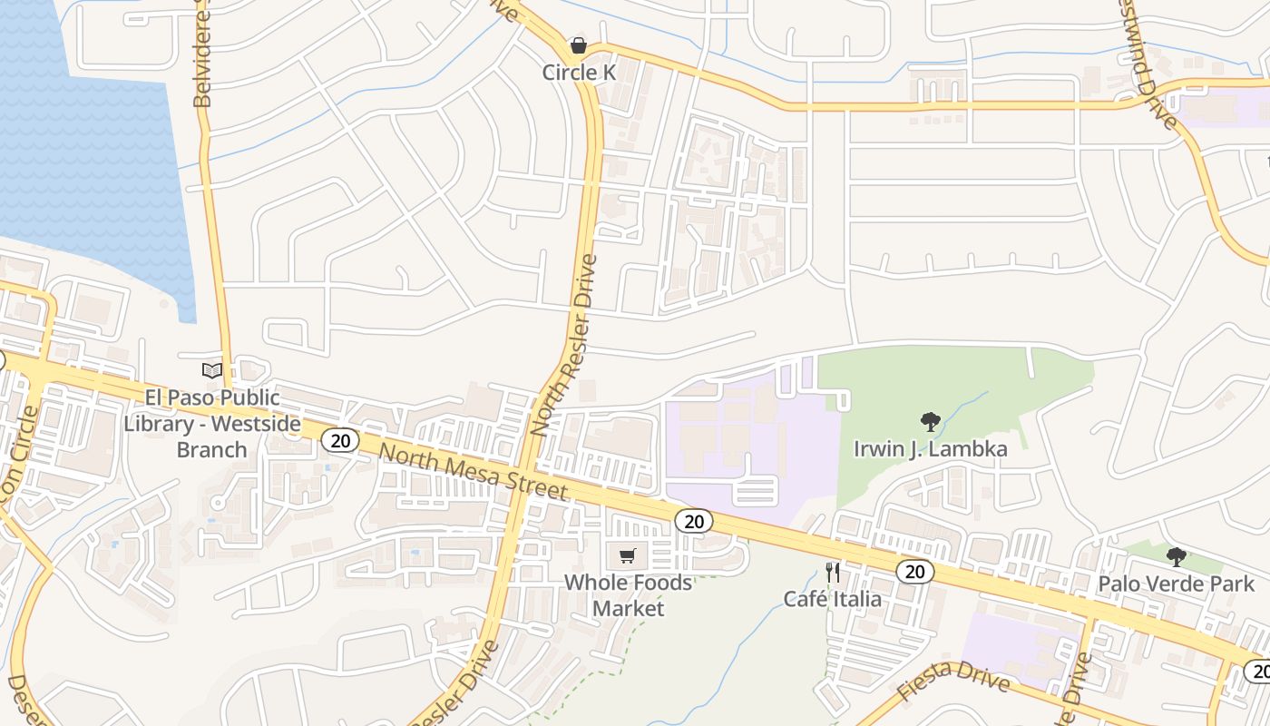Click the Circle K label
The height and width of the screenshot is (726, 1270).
(579, 73)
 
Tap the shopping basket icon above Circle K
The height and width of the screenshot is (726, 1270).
(578, 45)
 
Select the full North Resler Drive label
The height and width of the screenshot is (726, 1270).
(565, 346)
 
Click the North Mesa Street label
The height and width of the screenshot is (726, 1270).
(473, 472)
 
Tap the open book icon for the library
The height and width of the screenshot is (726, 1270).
(211, 370)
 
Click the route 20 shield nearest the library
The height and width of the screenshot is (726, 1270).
(340, 441)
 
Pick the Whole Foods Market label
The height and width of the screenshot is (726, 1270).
(628, 595)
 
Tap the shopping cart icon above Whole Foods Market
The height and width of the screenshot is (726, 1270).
(627, 555)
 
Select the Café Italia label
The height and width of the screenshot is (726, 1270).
(832, 599)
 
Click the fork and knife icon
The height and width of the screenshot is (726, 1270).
(833, 572)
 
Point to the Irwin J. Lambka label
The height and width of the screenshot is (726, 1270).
(930, 449)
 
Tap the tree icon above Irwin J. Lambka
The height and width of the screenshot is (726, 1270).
(930, 421)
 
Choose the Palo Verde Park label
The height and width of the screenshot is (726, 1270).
(1176, 584)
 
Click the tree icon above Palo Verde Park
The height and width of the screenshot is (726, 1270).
(1176, 556)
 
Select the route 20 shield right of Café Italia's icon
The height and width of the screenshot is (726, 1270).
(914, 571)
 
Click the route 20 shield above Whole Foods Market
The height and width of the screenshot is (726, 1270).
(694, 521)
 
